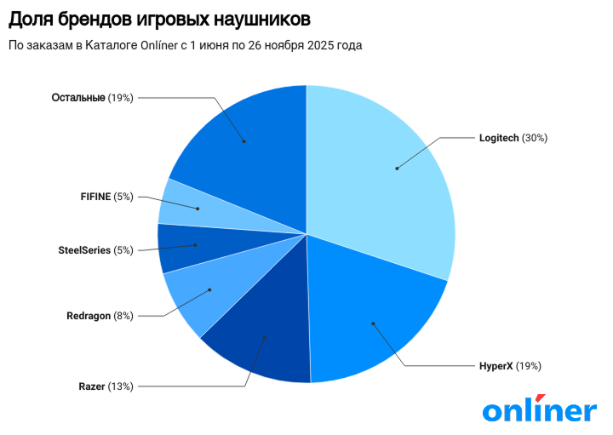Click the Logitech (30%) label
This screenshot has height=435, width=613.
pos(513,138)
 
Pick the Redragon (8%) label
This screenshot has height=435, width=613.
pos(100,316)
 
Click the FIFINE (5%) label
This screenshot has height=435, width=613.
pos(106,197)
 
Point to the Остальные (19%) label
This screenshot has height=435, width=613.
pos(92,98)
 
